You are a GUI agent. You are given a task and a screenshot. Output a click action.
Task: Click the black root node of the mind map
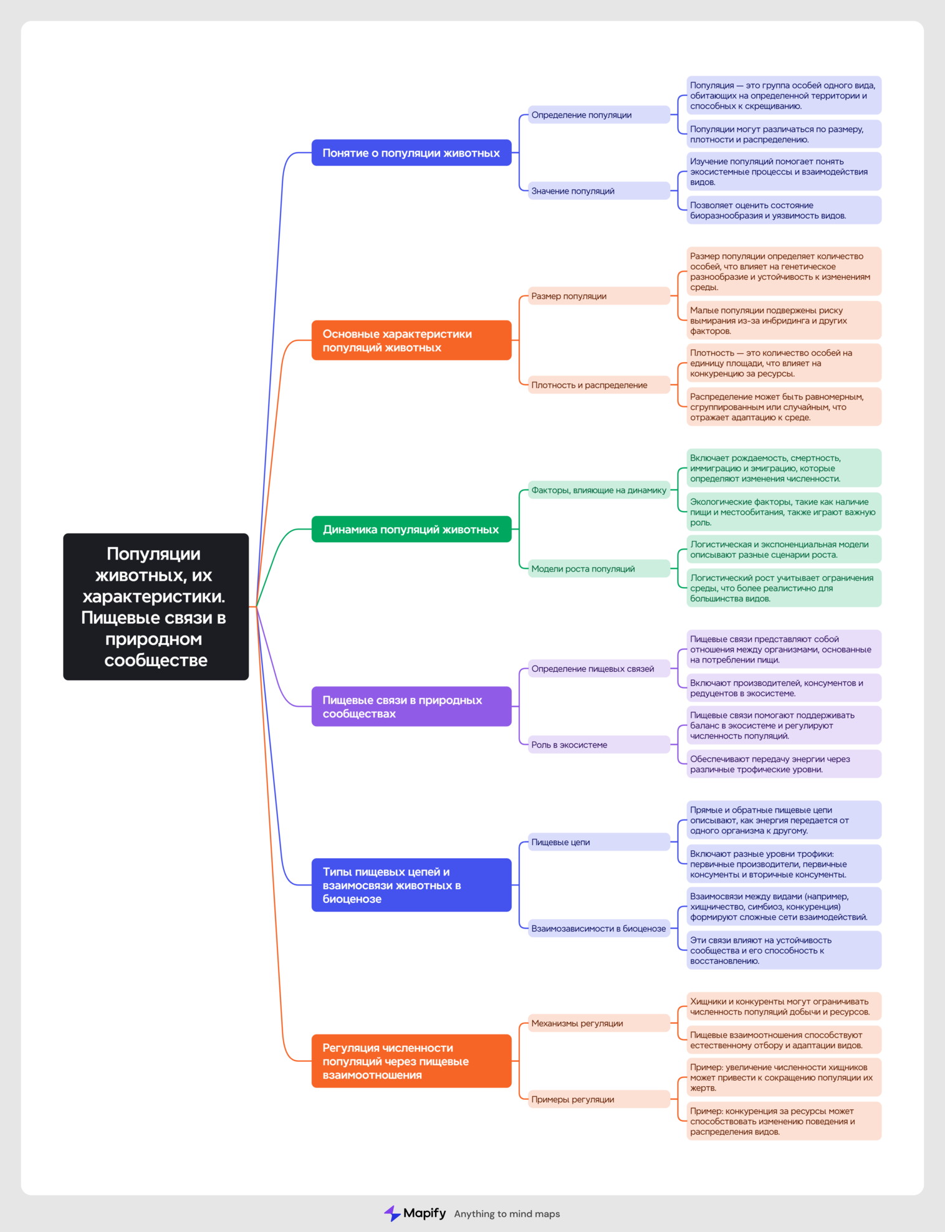[156, 606]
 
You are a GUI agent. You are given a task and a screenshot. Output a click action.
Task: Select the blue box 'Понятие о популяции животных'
[411, 153]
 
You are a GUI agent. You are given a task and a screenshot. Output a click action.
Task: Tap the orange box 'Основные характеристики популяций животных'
[411, 340]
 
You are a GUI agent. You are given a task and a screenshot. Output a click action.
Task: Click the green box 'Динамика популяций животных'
[411, 529]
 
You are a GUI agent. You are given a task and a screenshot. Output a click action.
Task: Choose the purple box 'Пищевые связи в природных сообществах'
[411, 706]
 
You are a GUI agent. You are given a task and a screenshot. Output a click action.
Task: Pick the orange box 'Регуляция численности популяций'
[411, 1061]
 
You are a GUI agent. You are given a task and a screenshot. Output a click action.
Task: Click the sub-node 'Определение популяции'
[599, 115]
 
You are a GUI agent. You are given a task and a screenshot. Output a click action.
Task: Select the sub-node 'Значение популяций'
[599, 191]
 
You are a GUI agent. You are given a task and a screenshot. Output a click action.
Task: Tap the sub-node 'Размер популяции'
[599, 296]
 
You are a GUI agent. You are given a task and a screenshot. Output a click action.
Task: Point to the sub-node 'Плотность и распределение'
[599, 385]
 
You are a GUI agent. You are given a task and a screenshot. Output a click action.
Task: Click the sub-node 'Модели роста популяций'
[599, 568]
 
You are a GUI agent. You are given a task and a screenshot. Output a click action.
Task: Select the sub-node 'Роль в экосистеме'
[599, 745]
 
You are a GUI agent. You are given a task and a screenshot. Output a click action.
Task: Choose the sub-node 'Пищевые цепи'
[599, 842]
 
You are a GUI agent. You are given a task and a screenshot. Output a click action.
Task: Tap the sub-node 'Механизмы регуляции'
[599, 1023]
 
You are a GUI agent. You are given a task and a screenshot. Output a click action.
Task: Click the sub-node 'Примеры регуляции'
[599, 1099]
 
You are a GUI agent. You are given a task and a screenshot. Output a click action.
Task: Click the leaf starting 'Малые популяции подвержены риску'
[784, 320]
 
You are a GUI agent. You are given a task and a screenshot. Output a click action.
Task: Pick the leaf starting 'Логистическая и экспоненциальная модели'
[784, 550]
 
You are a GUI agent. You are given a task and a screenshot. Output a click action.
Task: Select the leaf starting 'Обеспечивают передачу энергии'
[784, 764]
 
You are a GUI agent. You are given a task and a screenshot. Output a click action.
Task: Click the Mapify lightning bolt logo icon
[391, 1213]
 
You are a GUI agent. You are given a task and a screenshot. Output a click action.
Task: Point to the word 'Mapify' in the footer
[425, 1213]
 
